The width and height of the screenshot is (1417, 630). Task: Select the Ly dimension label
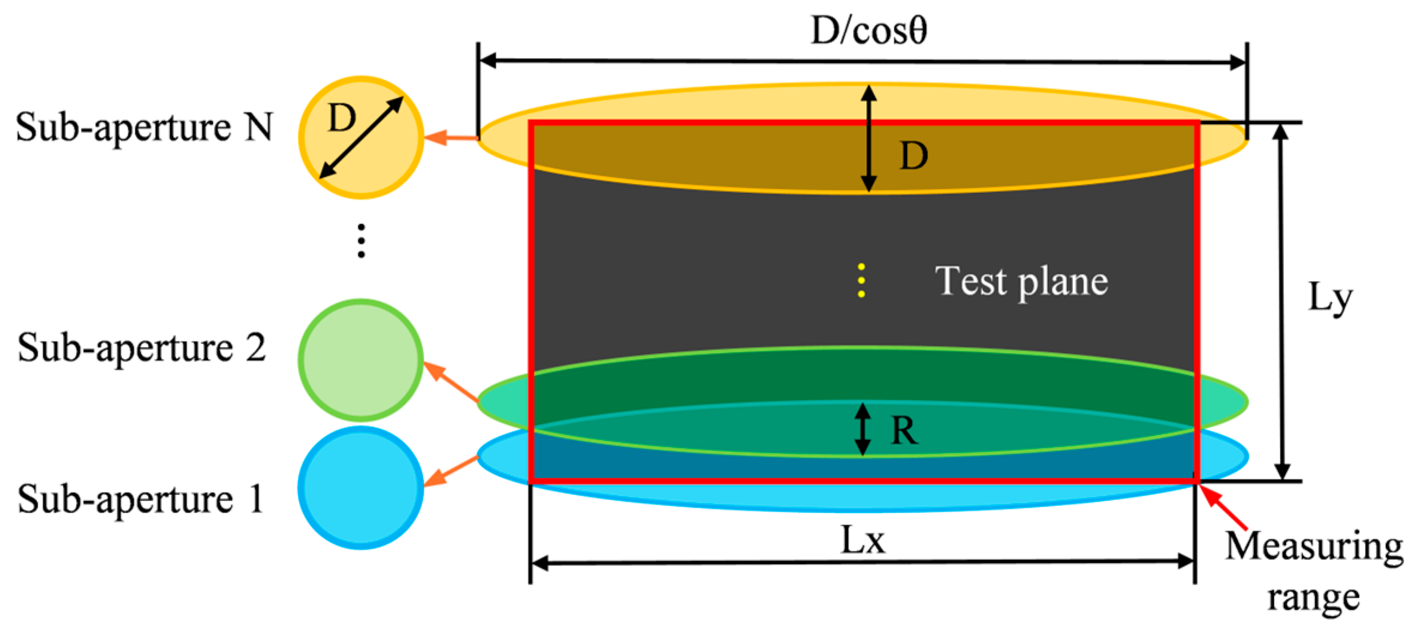point(1330,298)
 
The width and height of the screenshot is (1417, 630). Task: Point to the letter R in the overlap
point(904,430)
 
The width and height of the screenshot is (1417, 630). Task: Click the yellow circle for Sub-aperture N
point(361,137)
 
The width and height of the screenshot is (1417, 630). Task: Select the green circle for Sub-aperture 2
point(361,360)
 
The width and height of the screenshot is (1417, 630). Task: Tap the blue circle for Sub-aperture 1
point(361,487)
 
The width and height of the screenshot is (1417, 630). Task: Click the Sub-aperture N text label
point(144,127)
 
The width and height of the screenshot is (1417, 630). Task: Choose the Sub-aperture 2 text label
point(141,348)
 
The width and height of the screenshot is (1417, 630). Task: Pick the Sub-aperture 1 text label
point(140,499)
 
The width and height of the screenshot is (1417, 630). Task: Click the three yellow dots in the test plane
point(861,280)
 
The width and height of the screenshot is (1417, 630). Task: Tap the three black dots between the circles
point(361,241)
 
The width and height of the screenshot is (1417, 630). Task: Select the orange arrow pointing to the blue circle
point(451,471)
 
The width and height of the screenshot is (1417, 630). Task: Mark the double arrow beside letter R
point(862,429)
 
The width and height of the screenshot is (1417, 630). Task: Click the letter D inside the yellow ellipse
point(913,156)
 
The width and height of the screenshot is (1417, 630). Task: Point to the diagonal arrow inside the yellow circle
point(361,137)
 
